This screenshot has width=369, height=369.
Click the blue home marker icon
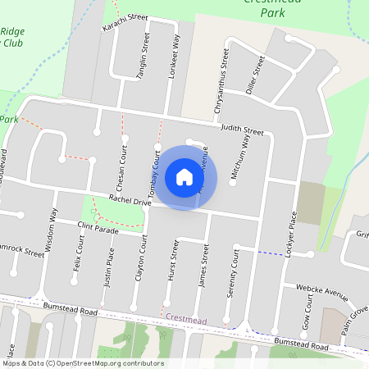coord(184,177)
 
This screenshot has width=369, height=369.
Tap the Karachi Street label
coord(125,22)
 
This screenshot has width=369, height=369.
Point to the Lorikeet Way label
coord(173,57)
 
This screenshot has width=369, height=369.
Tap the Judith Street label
coord(241,130)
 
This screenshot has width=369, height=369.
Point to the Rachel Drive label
coord(130,199)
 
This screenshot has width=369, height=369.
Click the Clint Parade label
coord(98,227)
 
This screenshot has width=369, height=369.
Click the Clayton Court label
coord(143,257)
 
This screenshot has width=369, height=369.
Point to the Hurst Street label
coord(173,261)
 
